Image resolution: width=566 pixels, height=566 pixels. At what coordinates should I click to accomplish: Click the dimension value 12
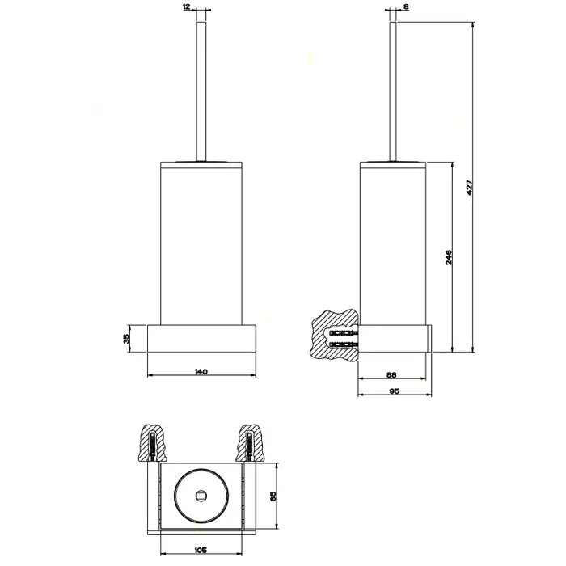click(x=186, y=6)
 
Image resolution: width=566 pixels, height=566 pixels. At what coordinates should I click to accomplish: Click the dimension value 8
click(x=406, y=6)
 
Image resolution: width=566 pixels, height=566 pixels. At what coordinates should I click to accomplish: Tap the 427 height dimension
click(x=469, y=188)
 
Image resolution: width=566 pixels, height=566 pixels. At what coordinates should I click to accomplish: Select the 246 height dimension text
click(x=449, y=257)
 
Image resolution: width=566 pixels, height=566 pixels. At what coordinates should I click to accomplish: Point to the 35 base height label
click(x=126, y=339)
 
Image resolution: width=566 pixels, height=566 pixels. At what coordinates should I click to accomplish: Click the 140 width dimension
click(x=201, y=371)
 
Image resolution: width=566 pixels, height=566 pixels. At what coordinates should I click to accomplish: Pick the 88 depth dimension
click(x=391, y=374)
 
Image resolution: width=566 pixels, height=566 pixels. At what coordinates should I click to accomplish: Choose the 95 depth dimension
click(x=395, y=391)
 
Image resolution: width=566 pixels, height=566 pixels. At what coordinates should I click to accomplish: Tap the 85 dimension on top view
click(x=273, y=496)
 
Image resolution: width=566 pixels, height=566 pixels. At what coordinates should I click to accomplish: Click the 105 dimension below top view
click(x=201, y=550)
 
